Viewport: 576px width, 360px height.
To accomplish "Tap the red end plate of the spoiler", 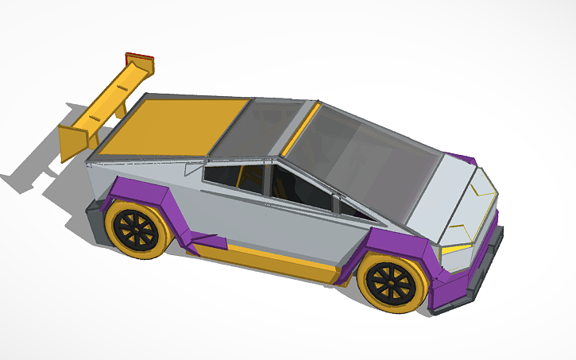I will pos(141,57).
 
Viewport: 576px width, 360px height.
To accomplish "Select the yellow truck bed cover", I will pos(170,127).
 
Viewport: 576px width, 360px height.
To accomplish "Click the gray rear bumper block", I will pos(95,219).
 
